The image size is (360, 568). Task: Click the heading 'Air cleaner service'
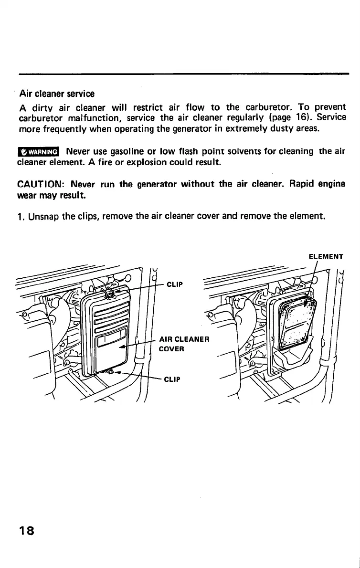[57, 94]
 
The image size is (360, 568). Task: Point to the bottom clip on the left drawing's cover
[109, 372]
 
